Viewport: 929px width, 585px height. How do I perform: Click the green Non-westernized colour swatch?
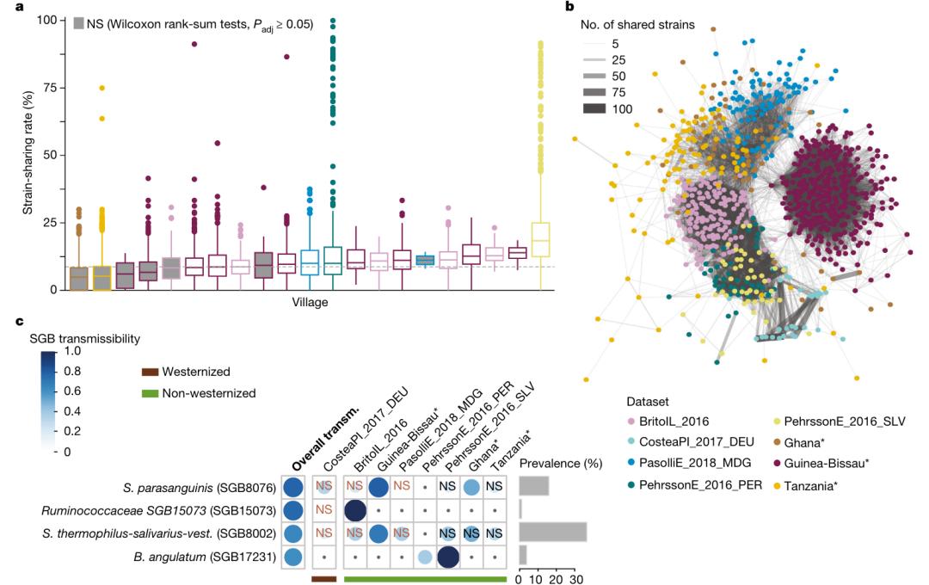(153, 393)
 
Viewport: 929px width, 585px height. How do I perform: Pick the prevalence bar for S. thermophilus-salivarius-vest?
(552, 533)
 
